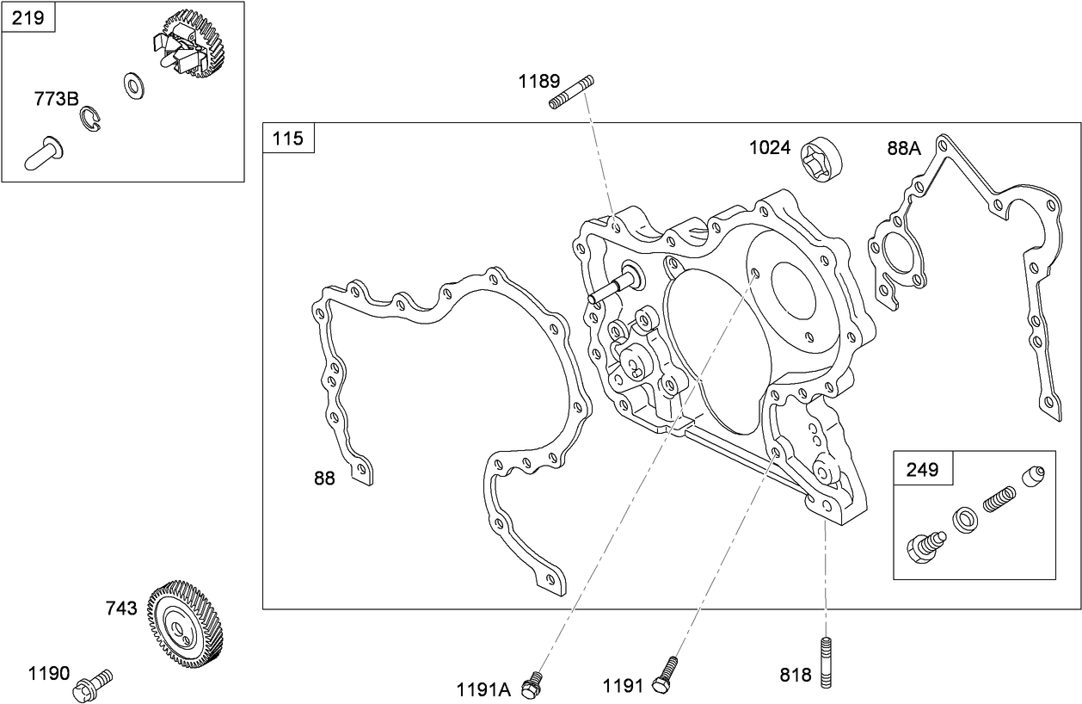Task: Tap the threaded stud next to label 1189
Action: [570, 91]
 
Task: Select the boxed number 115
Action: [288, 138]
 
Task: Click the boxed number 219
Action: [28, 17]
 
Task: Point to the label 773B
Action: [56, 99]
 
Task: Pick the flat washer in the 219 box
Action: [133, 85]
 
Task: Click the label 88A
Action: [904, 148]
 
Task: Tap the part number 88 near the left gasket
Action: [324, 479]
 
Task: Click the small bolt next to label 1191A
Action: [534, 683]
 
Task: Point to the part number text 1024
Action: [769, 147]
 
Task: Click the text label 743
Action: [120, 608]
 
